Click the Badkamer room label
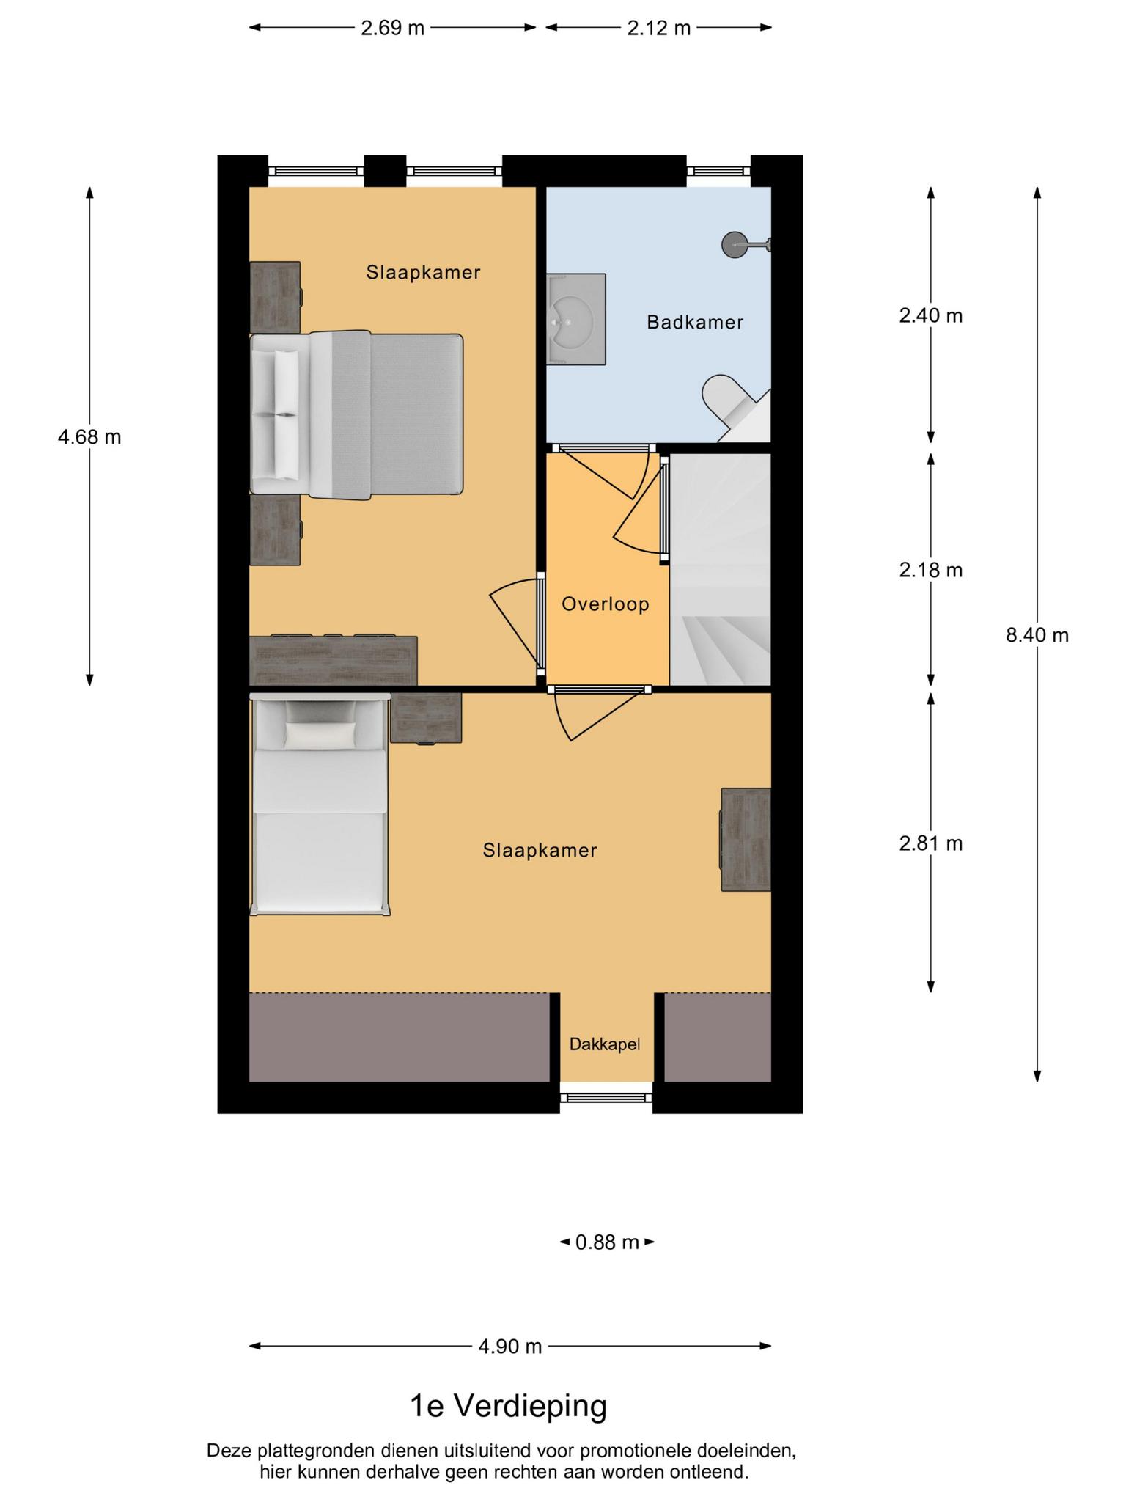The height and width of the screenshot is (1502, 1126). pos(695,322)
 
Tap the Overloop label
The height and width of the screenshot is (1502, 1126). pos(606,604)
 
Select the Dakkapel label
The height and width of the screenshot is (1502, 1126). pos(605,1044)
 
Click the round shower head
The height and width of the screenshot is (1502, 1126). pos(735,243)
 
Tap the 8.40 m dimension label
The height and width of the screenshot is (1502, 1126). pos(1037,635)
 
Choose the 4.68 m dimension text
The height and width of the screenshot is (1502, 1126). pos(89,437)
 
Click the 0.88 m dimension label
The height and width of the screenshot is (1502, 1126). pos(607,1242)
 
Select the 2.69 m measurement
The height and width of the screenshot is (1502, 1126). pos(393,28)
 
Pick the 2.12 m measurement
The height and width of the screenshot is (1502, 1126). pos(659,28)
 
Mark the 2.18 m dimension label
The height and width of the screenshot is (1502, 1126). pos(931,570)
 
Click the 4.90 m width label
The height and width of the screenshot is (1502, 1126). pos(510,1347)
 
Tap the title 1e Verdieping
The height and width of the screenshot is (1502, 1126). pos(509,1406)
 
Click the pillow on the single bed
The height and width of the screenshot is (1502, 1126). pos(320,735)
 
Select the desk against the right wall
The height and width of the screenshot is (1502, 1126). pos(746,840)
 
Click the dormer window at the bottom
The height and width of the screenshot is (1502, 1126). pos(606,1098)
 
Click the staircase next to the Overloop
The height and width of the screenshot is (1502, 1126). pos(721,570)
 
